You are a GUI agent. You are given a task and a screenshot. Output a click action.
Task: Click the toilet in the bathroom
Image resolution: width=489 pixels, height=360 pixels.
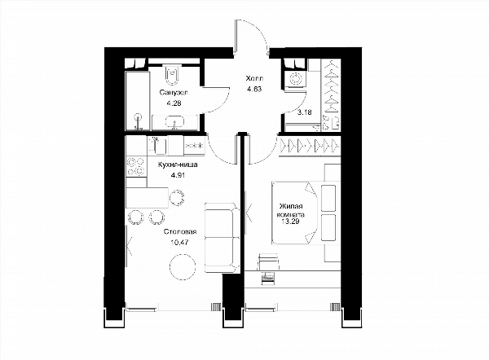(x=172, y=75)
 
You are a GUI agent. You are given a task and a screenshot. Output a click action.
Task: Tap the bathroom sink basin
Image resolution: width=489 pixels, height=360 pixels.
(x=174, y=121)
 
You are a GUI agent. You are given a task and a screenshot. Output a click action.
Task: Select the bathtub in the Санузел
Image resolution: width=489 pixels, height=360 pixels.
(x=138, y=101)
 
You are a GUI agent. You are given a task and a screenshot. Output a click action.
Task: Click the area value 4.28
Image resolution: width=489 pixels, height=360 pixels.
(x=174, y=103)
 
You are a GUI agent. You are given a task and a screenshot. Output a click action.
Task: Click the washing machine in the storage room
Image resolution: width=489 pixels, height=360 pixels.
(x=295, y=78)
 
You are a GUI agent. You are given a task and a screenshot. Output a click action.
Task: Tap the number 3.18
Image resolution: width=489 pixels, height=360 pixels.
(x=304, y=112)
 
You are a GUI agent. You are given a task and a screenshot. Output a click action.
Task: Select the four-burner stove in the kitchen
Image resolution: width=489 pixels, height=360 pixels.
(x=136, y=166)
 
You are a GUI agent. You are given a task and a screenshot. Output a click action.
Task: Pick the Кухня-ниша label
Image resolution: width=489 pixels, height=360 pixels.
(x=178, y=165)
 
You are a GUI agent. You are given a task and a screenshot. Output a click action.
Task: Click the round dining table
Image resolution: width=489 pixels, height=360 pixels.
(x=183, y=266)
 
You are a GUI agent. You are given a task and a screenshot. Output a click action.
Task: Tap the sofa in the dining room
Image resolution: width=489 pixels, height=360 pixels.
(x=221, y=238)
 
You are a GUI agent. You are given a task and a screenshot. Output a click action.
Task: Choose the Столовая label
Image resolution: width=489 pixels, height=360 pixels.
(x=180, y=231)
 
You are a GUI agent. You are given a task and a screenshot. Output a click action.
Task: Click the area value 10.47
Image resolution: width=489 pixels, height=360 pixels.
(x=180, y=242)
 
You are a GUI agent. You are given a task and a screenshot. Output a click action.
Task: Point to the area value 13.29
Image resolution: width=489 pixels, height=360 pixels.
(x=291, y=222)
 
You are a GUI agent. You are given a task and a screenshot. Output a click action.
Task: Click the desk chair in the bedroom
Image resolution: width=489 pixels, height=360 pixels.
(x=268, y=261)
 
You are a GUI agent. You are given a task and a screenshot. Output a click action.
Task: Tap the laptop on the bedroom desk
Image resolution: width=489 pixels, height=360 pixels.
(x=268, y=278)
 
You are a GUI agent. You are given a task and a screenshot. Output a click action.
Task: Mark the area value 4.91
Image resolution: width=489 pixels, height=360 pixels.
(x=178, y=175)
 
